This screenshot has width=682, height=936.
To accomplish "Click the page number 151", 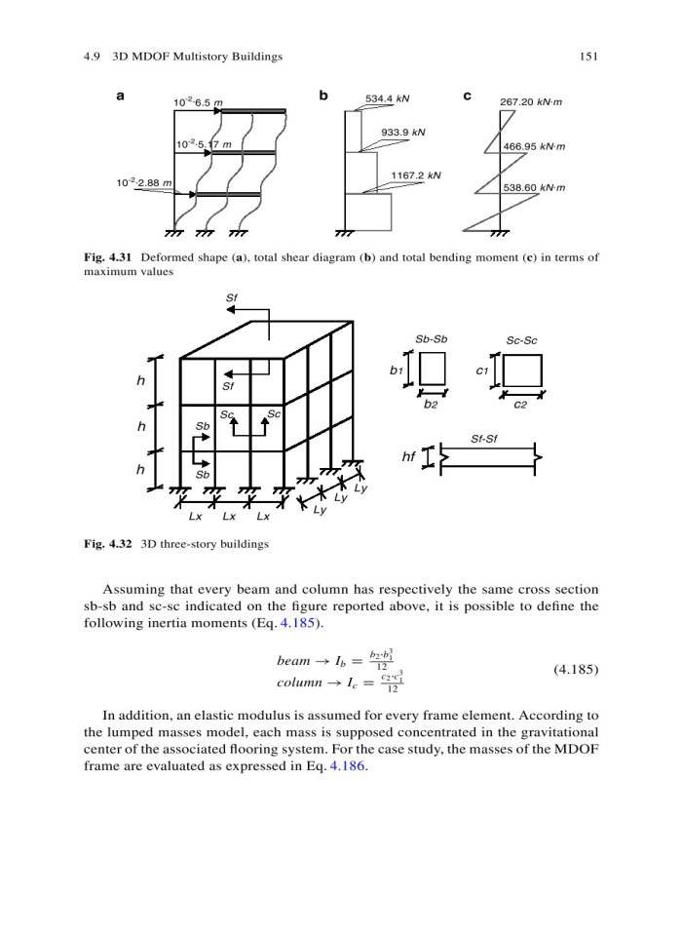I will point(588,57).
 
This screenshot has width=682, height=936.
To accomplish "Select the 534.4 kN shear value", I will point(387,98).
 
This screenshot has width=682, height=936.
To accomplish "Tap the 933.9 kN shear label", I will point(403,131).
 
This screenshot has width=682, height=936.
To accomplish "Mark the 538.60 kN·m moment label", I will point(534,187).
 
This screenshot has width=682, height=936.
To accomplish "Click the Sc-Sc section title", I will point(522,340).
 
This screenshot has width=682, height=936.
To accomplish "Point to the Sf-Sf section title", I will point(484,438).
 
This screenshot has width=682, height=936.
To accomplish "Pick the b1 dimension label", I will point(395,371).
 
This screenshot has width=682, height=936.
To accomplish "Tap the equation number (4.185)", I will point(575,670).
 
